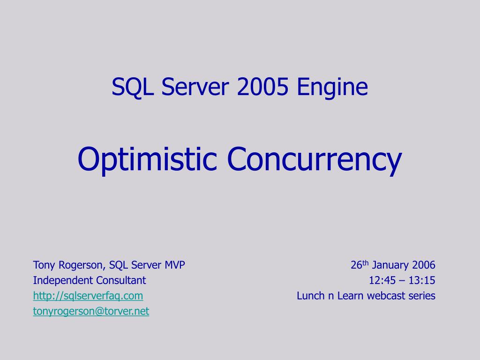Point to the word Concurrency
click(315, 160)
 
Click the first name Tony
click(44, 265)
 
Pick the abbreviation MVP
click(174, 265)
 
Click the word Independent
click(63, 280)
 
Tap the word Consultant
click(121, 280)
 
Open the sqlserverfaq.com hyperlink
click(88, 296)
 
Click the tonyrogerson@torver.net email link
click(91, 311)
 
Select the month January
click(390, 265)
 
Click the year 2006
click(423, 265)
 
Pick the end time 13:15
click(422, 280)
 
